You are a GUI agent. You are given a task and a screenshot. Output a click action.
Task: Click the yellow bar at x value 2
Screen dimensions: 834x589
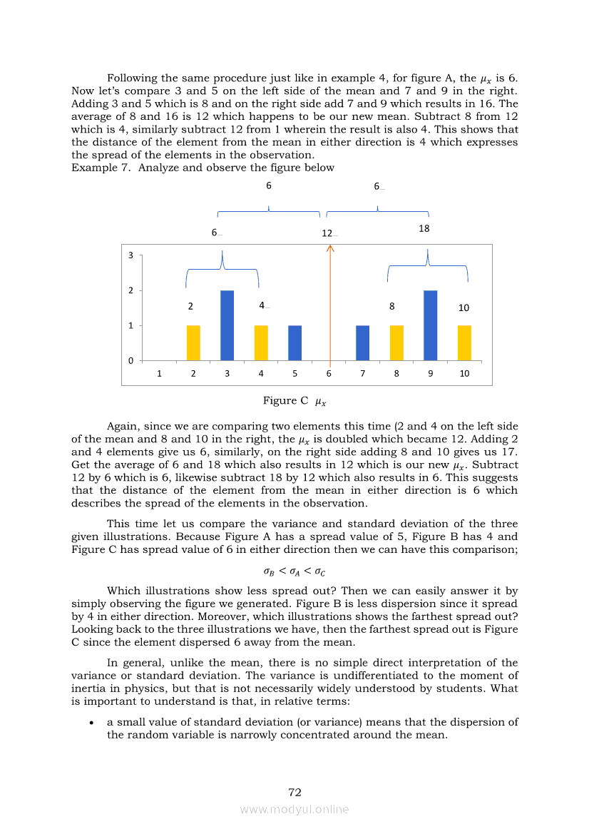pos(193,343)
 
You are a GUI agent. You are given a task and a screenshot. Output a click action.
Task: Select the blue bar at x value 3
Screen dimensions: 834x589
pos(227,325)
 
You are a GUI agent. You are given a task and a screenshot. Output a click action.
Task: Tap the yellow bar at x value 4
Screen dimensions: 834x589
pos(261,343)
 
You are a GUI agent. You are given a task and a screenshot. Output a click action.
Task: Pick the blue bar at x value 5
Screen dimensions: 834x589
pos(294,343)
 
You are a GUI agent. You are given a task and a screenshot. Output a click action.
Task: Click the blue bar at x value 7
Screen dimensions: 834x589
pos(362,343)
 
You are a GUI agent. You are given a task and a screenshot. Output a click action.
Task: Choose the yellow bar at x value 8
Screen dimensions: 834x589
pos(396,343)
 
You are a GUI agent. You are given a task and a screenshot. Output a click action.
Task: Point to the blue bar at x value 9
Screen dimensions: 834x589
pos(430,325)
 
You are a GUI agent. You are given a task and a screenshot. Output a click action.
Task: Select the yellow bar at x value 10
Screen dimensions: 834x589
pos(464,343)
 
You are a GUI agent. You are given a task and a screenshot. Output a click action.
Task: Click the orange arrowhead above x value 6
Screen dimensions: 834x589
pos(329,248)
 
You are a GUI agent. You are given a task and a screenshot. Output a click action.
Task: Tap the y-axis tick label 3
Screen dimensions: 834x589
pos(130,255)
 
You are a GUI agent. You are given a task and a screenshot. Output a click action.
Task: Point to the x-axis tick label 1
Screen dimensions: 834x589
pos(159,373)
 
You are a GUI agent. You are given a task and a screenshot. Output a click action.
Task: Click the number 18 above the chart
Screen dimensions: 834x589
pos(424,229)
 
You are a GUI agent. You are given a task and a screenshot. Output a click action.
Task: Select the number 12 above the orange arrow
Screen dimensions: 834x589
pos(327,233)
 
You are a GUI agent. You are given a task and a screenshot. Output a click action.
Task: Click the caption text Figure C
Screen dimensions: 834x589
pos(285,401)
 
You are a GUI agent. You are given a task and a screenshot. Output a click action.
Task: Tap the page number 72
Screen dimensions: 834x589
pos(295,792)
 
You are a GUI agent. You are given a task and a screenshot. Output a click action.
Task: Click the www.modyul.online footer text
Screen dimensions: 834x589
pos(294,809)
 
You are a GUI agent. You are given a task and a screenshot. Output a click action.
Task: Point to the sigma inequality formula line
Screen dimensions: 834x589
pos(294,571)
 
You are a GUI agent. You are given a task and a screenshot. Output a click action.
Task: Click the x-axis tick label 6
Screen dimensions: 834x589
pos(329,373)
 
